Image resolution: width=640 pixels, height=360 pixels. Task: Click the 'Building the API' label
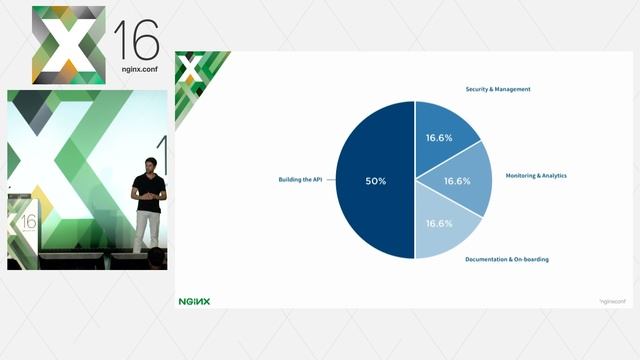300,180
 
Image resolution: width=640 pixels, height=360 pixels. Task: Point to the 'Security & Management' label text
498,89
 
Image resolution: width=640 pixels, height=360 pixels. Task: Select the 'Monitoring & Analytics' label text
536,175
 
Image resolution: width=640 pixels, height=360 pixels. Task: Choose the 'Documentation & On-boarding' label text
507,259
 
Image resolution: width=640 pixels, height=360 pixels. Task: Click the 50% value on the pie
376,181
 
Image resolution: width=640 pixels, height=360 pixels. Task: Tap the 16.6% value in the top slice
439,138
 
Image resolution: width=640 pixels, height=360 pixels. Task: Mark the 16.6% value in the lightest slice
439,223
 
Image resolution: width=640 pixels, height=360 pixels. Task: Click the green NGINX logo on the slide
194,300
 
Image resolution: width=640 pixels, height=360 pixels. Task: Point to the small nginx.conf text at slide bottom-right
611,300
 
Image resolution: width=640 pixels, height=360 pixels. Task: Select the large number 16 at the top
136,40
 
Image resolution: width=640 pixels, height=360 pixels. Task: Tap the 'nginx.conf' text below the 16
136,72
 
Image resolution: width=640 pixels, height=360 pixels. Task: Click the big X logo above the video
68,45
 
